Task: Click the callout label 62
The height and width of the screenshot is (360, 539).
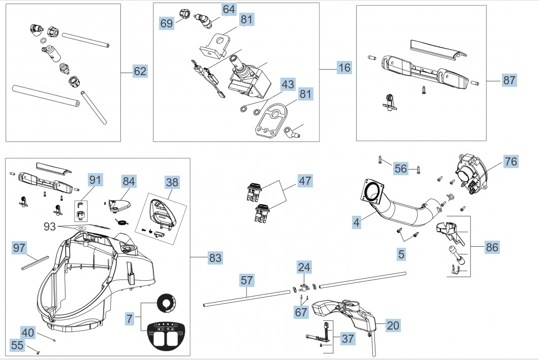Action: pos(140,72)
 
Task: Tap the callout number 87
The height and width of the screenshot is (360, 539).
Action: pos(509,80)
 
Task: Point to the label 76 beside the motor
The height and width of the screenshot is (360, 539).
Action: pos(511,162)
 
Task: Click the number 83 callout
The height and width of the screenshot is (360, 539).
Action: pos(215,258)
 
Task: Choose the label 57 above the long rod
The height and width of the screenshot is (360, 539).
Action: pos(246,280)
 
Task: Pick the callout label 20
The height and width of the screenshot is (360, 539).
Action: pos(393,325)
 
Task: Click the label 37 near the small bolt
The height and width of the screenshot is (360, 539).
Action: pos(347,338)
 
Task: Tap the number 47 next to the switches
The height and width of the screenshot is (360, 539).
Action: pos(305,181)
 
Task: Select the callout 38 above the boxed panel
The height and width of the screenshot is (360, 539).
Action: pos(172,182)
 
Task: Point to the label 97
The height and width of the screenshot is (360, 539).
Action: pos(19,248)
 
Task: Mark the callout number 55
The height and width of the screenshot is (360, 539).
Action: pos(17,345)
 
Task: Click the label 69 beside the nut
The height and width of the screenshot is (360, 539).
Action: pos(167,23)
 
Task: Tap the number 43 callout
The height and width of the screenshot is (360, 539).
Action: pos(288,84)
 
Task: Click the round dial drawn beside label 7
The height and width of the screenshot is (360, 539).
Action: pos(166,303)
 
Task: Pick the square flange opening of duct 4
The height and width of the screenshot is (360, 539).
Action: pos(374,192)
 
